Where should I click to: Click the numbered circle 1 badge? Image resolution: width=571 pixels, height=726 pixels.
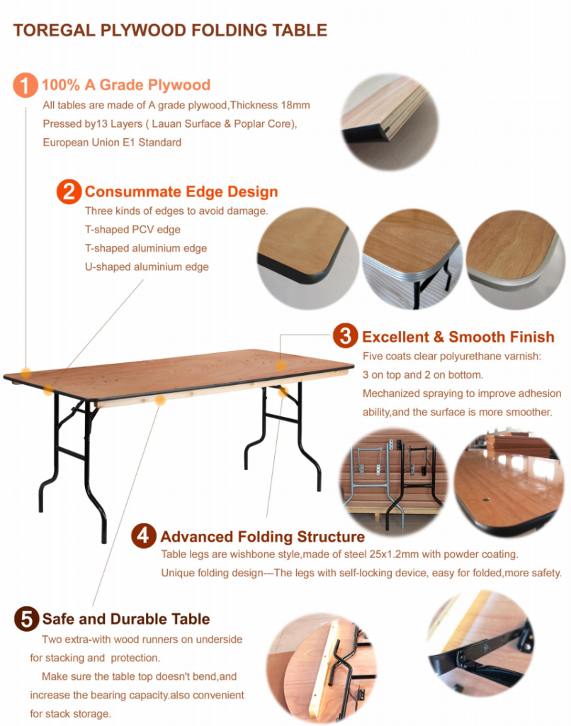(26, 85)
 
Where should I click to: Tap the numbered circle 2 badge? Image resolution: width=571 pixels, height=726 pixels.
(69, 191)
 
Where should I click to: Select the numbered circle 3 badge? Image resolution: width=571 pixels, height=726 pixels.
(345, 335)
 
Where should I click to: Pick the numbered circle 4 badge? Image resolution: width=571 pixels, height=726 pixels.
(143, 536)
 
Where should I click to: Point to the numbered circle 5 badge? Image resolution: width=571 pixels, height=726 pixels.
(26, 618)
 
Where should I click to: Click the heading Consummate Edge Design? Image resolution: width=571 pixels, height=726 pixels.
(181, 191)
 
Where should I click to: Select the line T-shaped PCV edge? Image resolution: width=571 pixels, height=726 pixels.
(132, 230)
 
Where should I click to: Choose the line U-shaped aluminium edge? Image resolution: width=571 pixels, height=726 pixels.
(147, 267)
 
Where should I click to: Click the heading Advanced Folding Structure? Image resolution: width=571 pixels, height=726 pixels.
(262, 537)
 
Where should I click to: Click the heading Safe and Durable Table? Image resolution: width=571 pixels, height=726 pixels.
(126, 619)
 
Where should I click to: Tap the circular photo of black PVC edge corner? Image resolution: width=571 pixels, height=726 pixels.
(307, 258)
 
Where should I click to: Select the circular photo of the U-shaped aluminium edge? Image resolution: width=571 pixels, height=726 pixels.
(515, 259)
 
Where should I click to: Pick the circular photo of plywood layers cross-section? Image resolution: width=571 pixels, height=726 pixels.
(390, 122)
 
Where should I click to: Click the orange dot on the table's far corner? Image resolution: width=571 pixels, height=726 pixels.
(281, 366)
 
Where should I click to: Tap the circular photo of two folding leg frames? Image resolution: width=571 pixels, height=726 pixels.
(394, 482)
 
